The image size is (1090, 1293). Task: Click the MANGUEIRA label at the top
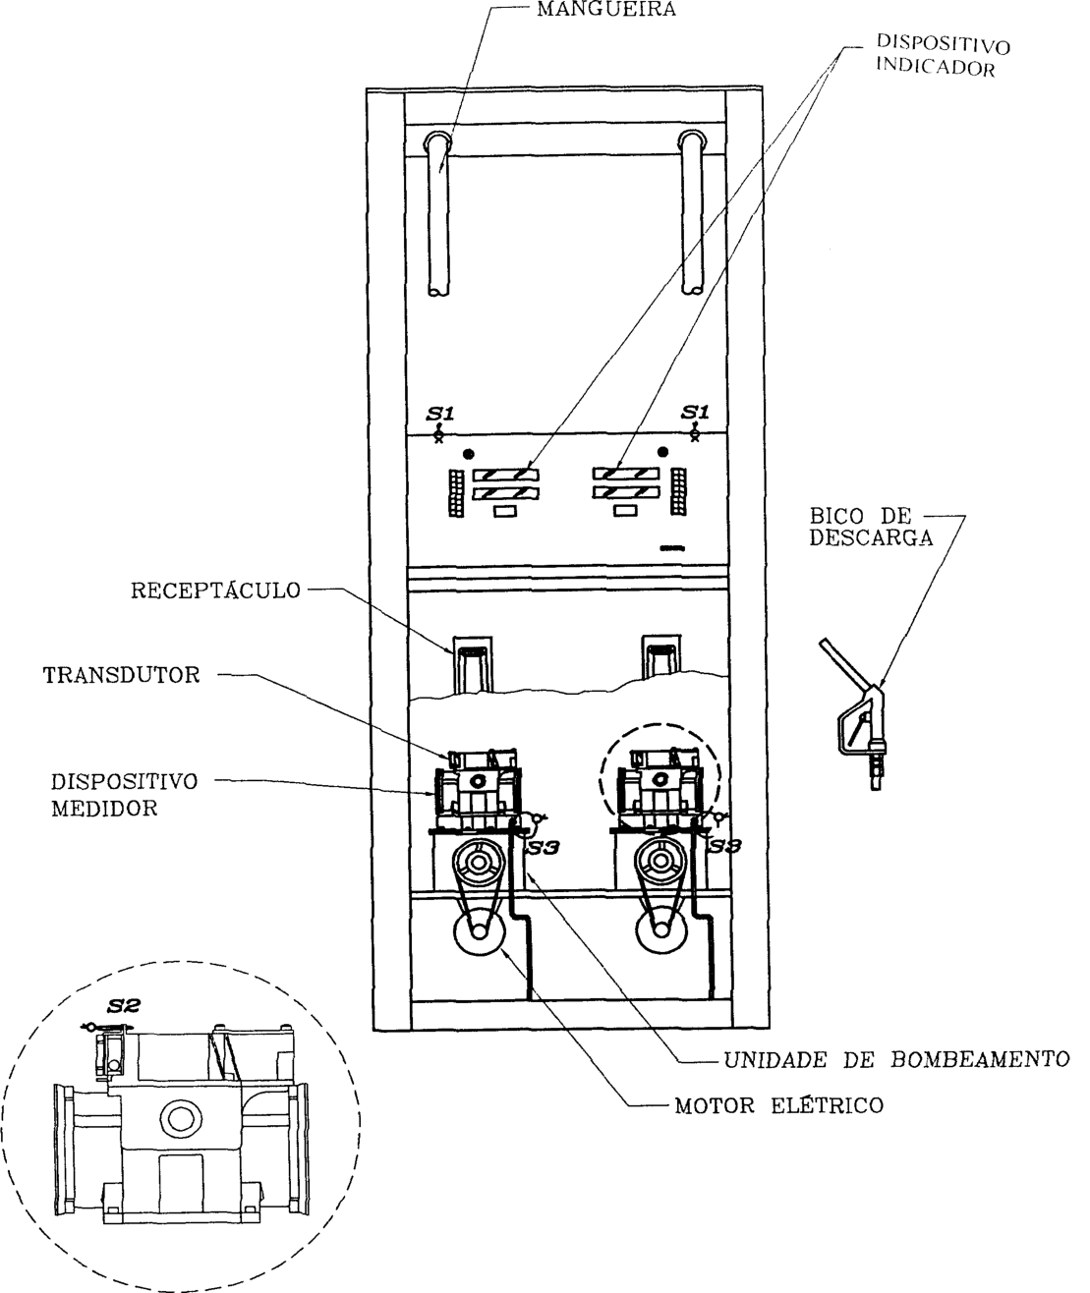click(x=606, y=9)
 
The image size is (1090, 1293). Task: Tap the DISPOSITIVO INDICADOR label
click(x=943, y=55)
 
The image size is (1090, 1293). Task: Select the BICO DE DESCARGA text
click(x=871, y=527)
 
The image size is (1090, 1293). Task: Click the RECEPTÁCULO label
click(x=215, y=590)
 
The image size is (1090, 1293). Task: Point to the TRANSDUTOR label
click(x=122, y=675)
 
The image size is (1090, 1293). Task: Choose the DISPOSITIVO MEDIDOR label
click(x=124, y=795)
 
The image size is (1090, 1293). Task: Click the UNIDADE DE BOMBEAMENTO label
click(x=896, y=1059)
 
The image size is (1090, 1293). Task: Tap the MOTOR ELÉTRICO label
click(x=779, y=1105)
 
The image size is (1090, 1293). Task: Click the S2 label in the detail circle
click(x=124, y=1006)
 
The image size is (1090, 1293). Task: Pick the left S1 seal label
click(x=439, y=413)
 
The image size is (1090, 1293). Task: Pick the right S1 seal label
click(x=695, y=412)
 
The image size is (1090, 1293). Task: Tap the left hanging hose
click(x=438, y=212)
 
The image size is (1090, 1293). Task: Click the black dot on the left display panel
click(x=469, y=454)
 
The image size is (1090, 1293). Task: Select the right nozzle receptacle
click(x=661, y=657)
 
